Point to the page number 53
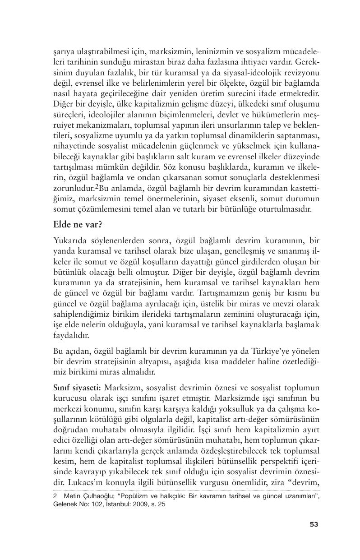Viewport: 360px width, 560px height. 314,524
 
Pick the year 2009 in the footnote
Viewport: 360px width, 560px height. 140,504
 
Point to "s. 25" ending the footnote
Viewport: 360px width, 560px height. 158,504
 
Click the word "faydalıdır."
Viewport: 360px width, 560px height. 71,336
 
